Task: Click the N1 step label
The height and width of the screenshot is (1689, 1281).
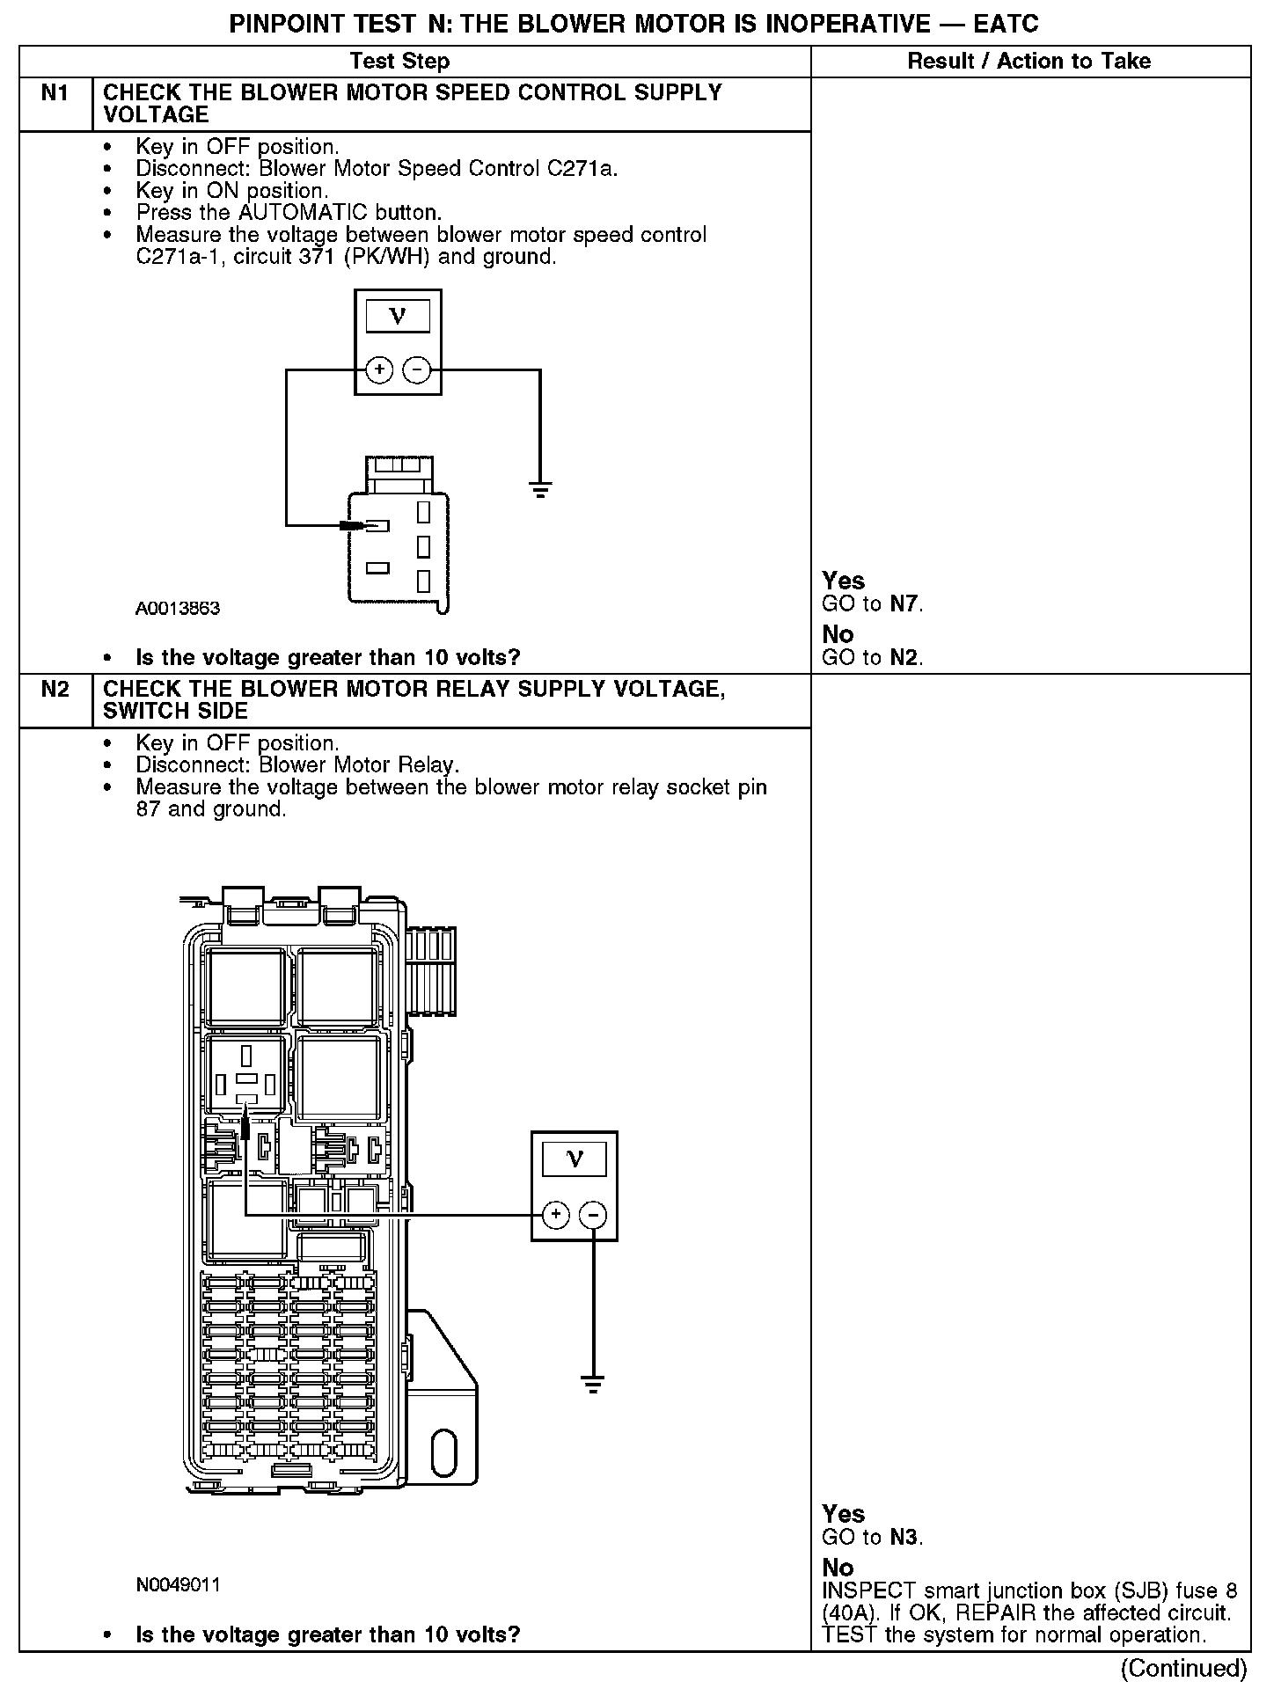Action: point(55,93)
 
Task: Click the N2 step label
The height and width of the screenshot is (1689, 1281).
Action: point(55,689)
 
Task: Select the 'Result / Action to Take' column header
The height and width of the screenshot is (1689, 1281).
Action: point(1028,61)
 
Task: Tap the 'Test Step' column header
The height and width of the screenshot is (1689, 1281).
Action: point(399,61)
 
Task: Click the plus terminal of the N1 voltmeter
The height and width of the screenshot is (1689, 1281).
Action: point(379,369)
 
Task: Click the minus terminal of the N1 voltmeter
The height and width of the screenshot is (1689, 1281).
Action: point(416,369)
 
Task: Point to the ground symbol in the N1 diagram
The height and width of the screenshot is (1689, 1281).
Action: point(540,489)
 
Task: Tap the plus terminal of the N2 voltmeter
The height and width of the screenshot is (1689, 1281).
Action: point(556,1215)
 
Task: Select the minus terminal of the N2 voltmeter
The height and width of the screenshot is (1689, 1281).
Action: point(594,1215)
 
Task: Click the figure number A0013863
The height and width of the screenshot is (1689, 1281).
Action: point(178,608)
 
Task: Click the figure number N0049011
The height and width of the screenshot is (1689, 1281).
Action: point(178,1584)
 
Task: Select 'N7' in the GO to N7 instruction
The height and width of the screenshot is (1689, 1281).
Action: point(905,603)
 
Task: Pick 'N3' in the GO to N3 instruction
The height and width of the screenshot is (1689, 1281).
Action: point(905,1537)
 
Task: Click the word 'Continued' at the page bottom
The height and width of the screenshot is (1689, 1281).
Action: point(1183,1668)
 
